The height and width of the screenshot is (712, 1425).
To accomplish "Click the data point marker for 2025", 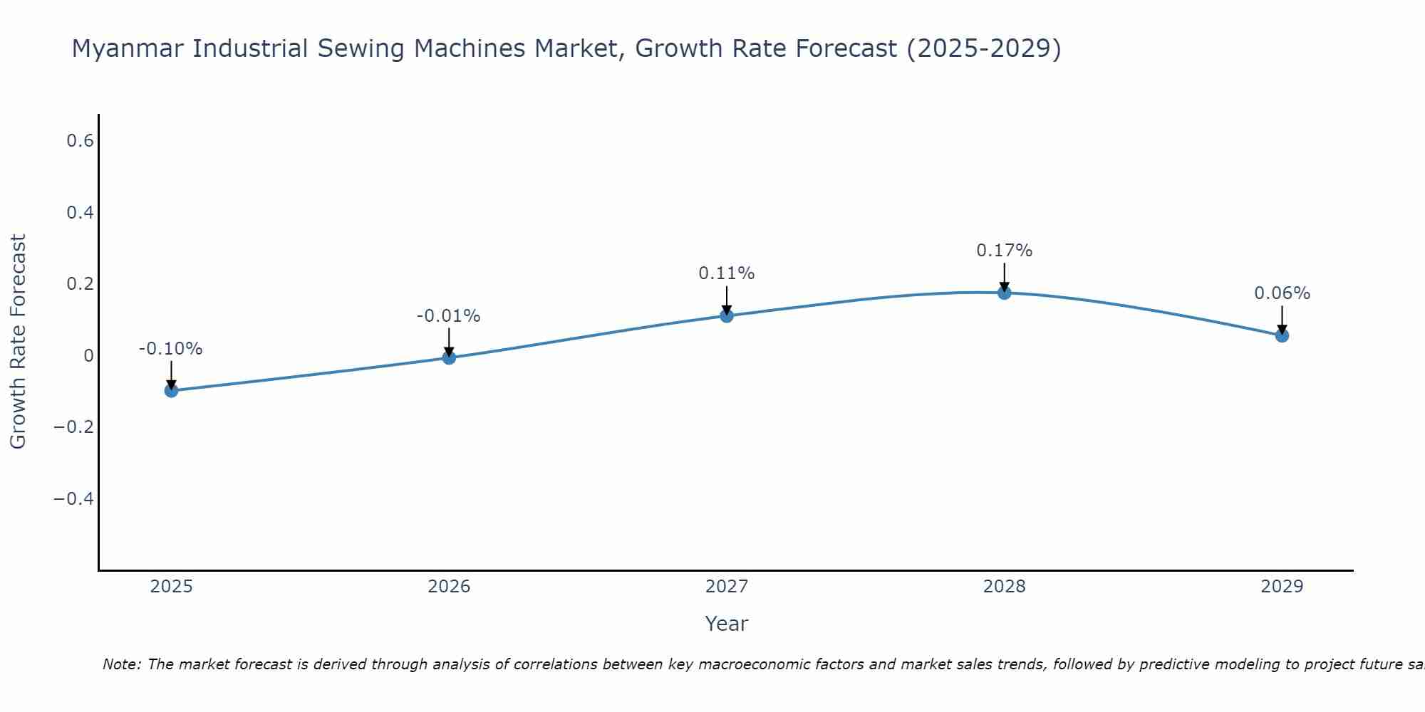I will pyautogui.click(x=171, y=390).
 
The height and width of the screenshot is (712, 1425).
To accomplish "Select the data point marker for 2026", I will pyautogui.click(x=449, y=357).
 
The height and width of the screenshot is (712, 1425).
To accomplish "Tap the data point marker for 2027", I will pyautogui.click(x=727, y=315).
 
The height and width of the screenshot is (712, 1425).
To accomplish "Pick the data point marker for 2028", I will pyautogui.click(x=1004, y=293).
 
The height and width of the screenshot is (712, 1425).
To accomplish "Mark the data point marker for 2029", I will pyautogui.click(x=1282, y=335).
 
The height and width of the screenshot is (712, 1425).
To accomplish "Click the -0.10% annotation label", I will pyautogui.click(x=171, y=349).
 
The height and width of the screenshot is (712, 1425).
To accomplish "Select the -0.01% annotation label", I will pyautogui.click(x=449, y=316).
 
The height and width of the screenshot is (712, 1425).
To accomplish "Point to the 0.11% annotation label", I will pyautogui.click(x=727, y=273).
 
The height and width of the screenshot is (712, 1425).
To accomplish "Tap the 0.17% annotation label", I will pyautogui.click(x=1004, y=251).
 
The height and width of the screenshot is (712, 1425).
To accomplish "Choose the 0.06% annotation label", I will pyautogui.click(x=1282, y=293).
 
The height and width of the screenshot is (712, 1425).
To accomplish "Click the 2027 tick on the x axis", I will pyautogui.click(x=727, y=587).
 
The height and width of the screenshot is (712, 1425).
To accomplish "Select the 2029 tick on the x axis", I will pyautogui.click(x=1282, y=587).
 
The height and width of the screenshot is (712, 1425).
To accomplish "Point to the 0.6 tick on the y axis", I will pyautogui.click(x=81, y=141).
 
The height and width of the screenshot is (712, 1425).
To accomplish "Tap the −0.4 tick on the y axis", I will pyautogui.click(x=74, y=498).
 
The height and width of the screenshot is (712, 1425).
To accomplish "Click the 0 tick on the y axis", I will pyautogui.click(x=88, y=355).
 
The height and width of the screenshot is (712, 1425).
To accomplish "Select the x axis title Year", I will pyautogui.click(x=726, y=624).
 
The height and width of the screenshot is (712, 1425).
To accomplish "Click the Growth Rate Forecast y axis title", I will pyautogui.click(x=18, y=342).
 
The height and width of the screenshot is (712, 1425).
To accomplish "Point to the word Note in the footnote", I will pyautogui.click(x=122, y=664).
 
